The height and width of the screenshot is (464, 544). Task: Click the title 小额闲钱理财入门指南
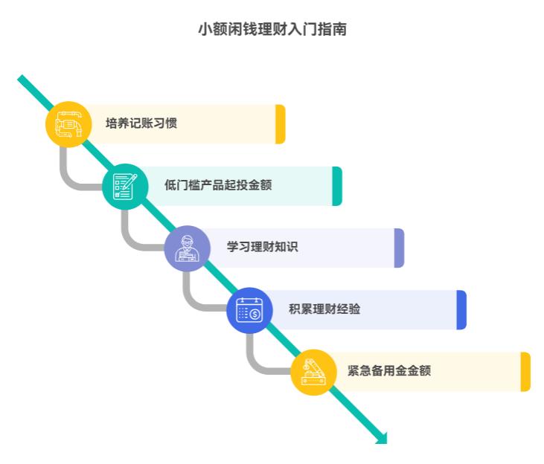tap(272, 30)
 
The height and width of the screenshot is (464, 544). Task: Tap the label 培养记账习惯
tap(141, 123)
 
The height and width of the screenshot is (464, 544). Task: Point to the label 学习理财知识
tap(262, 247)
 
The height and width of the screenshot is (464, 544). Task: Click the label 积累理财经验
tap(324, 309)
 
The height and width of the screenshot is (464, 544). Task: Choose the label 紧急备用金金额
tap(388, 370)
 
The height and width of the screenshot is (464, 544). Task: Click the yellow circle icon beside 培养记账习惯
tap(68, 124)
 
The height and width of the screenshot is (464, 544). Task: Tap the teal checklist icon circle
tap(125, 186)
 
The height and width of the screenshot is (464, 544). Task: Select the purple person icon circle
tap(187, 248)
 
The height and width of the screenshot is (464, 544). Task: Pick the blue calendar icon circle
tap(249, 309)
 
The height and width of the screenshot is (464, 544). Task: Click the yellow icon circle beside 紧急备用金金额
tap(313, 372)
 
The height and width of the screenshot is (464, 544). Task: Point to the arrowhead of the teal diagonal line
tap(383, 438)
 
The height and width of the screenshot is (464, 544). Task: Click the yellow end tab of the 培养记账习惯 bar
tap(281, 124)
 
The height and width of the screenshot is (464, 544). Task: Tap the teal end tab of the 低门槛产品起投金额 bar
tap(337, 186)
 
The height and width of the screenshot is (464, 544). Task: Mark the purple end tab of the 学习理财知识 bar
tap(399, 248)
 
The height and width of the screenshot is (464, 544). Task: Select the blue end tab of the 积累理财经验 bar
tap(461, 309)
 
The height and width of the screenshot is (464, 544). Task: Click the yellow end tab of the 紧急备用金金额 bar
tap(525, 371)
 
